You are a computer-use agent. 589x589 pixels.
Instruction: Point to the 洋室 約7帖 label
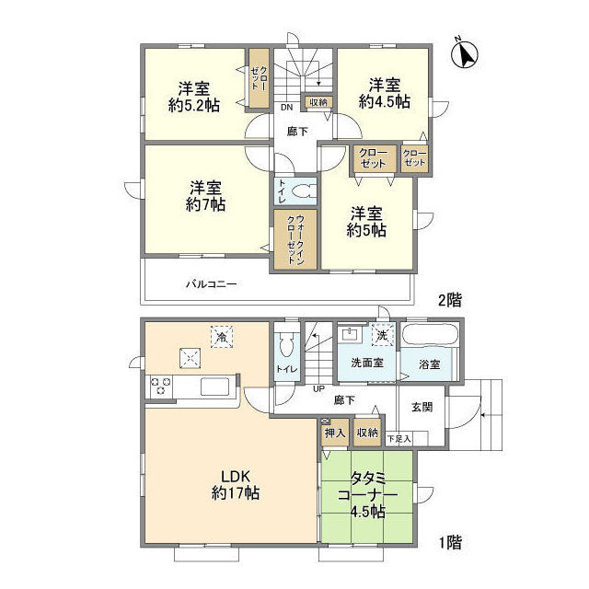[203, 195]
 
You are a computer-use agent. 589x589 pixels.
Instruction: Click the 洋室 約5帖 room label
[367, 221]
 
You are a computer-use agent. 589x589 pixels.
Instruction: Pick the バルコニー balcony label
[212, 284]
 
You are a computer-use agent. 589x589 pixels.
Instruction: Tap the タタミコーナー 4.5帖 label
[368, 495]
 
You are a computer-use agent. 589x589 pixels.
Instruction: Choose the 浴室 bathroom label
[429, 364]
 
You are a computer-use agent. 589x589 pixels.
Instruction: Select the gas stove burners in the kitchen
[159, 387]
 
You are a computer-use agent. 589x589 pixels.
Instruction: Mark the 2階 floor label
[449, 299]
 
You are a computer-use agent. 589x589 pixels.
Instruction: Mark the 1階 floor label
[449, 544]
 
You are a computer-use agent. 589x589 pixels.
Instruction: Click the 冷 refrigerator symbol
[221, 337]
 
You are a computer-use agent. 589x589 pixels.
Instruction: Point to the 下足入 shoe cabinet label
[398, 440]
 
